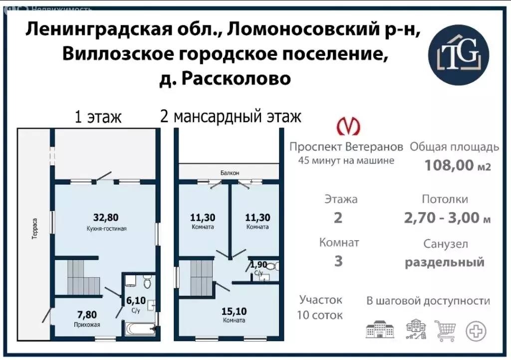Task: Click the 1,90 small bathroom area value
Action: coord(258,265)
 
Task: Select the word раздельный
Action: coord(445,262)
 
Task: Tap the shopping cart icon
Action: coord(446,330)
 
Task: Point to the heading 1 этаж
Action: coord(98,117)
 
